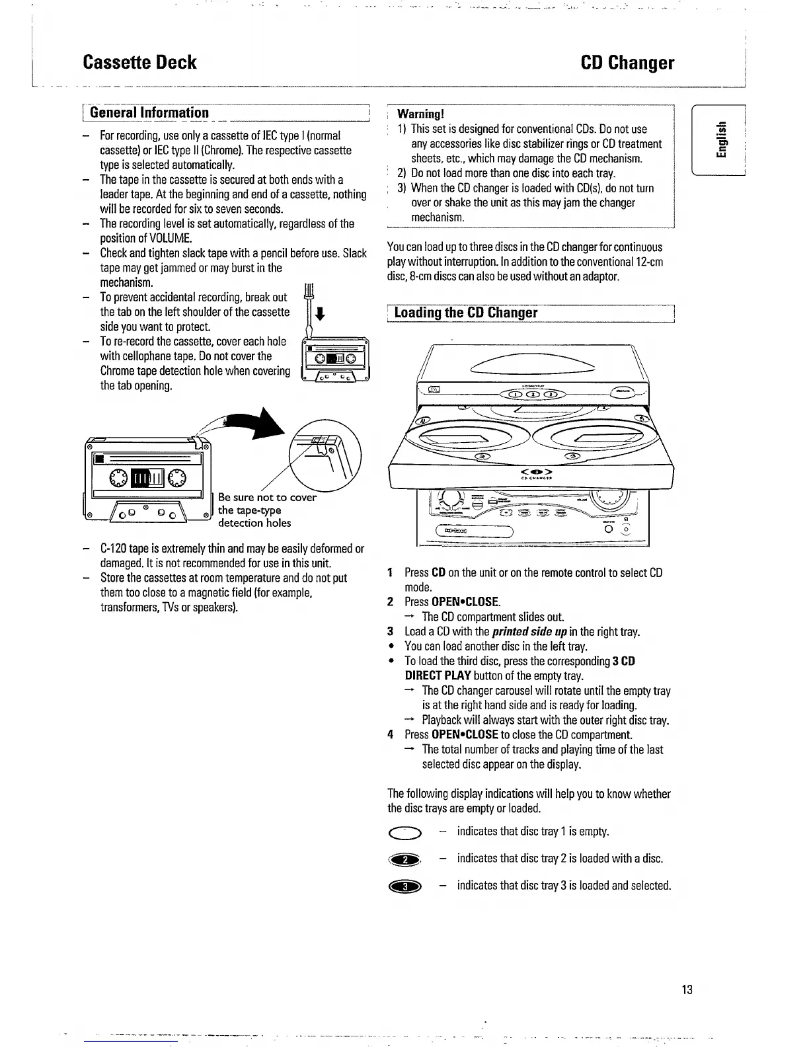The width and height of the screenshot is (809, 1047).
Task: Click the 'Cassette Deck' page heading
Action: (x=139, y=62)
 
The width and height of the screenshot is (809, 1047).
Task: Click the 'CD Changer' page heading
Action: (x=627, y=62)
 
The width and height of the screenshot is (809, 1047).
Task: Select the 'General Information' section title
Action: (x=149, y=112)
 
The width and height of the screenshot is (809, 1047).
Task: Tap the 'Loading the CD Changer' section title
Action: (x=465, y=313)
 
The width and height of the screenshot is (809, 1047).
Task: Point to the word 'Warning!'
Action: (x=420, y=114)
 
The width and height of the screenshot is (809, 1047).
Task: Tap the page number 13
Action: (x=687, y=989)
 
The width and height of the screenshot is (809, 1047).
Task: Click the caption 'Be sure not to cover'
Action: (x=267, y=497)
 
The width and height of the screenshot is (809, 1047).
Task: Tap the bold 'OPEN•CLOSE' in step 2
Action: (x=465, y=601)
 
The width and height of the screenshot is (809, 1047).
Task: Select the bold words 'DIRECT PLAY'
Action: (x=438, y=676)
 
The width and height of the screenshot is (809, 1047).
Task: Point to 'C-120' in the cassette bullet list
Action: (x=113, y=549)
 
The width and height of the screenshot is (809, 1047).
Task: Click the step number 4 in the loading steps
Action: (x=391, y=734)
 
